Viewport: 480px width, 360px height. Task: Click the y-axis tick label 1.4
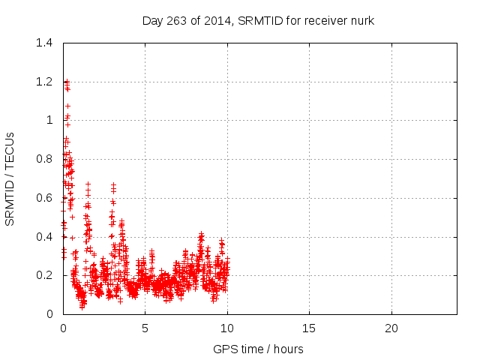(x=46, y=43)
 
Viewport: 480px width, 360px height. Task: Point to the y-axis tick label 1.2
(x=46, y=82)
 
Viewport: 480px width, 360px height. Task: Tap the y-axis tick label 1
(x=49, y=120)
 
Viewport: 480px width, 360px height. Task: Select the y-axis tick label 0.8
(x=46, y=159)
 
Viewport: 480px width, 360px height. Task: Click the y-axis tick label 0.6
(x=46, y=198)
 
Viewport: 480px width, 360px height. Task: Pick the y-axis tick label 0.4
(x=46, y=236)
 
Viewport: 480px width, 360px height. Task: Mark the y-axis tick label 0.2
(x=46, y=275)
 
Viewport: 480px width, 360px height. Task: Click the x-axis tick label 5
(x=145, y=328)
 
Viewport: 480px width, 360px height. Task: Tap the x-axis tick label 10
(x=226, y=328)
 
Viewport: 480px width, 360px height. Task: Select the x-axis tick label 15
(x=308, y=328)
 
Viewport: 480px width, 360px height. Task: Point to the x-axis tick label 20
(x=391, y=328)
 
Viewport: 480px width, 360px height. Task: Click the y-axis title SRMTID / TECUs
(x=10, y=178)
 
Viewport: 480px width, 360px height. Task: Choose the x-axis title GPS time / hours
(x=259, y=349)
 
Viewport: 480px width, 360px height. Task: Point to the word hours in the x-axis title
(x=288, y=349)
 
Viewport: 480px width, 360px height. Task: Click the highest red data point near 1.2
(x=66, y=81)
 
